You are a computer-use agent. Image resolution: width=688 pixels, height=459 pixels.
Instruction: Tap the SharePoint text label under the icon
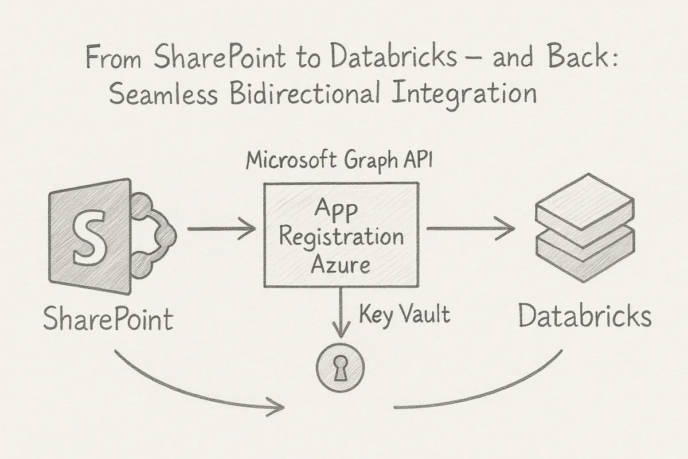[108, 319]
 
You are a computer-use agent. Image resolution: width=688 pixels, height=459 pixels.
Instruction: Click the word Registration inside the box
[341, 236]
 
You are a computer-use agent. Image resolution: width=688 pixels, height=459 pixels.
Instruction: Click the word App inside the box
[341, 210]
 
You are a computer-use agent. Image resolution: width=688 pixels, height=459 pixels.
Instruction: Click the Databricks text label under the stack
[585, 317]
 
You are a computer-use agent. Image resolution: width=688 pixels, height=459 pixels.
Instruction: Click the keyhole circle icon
[341, 368]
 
